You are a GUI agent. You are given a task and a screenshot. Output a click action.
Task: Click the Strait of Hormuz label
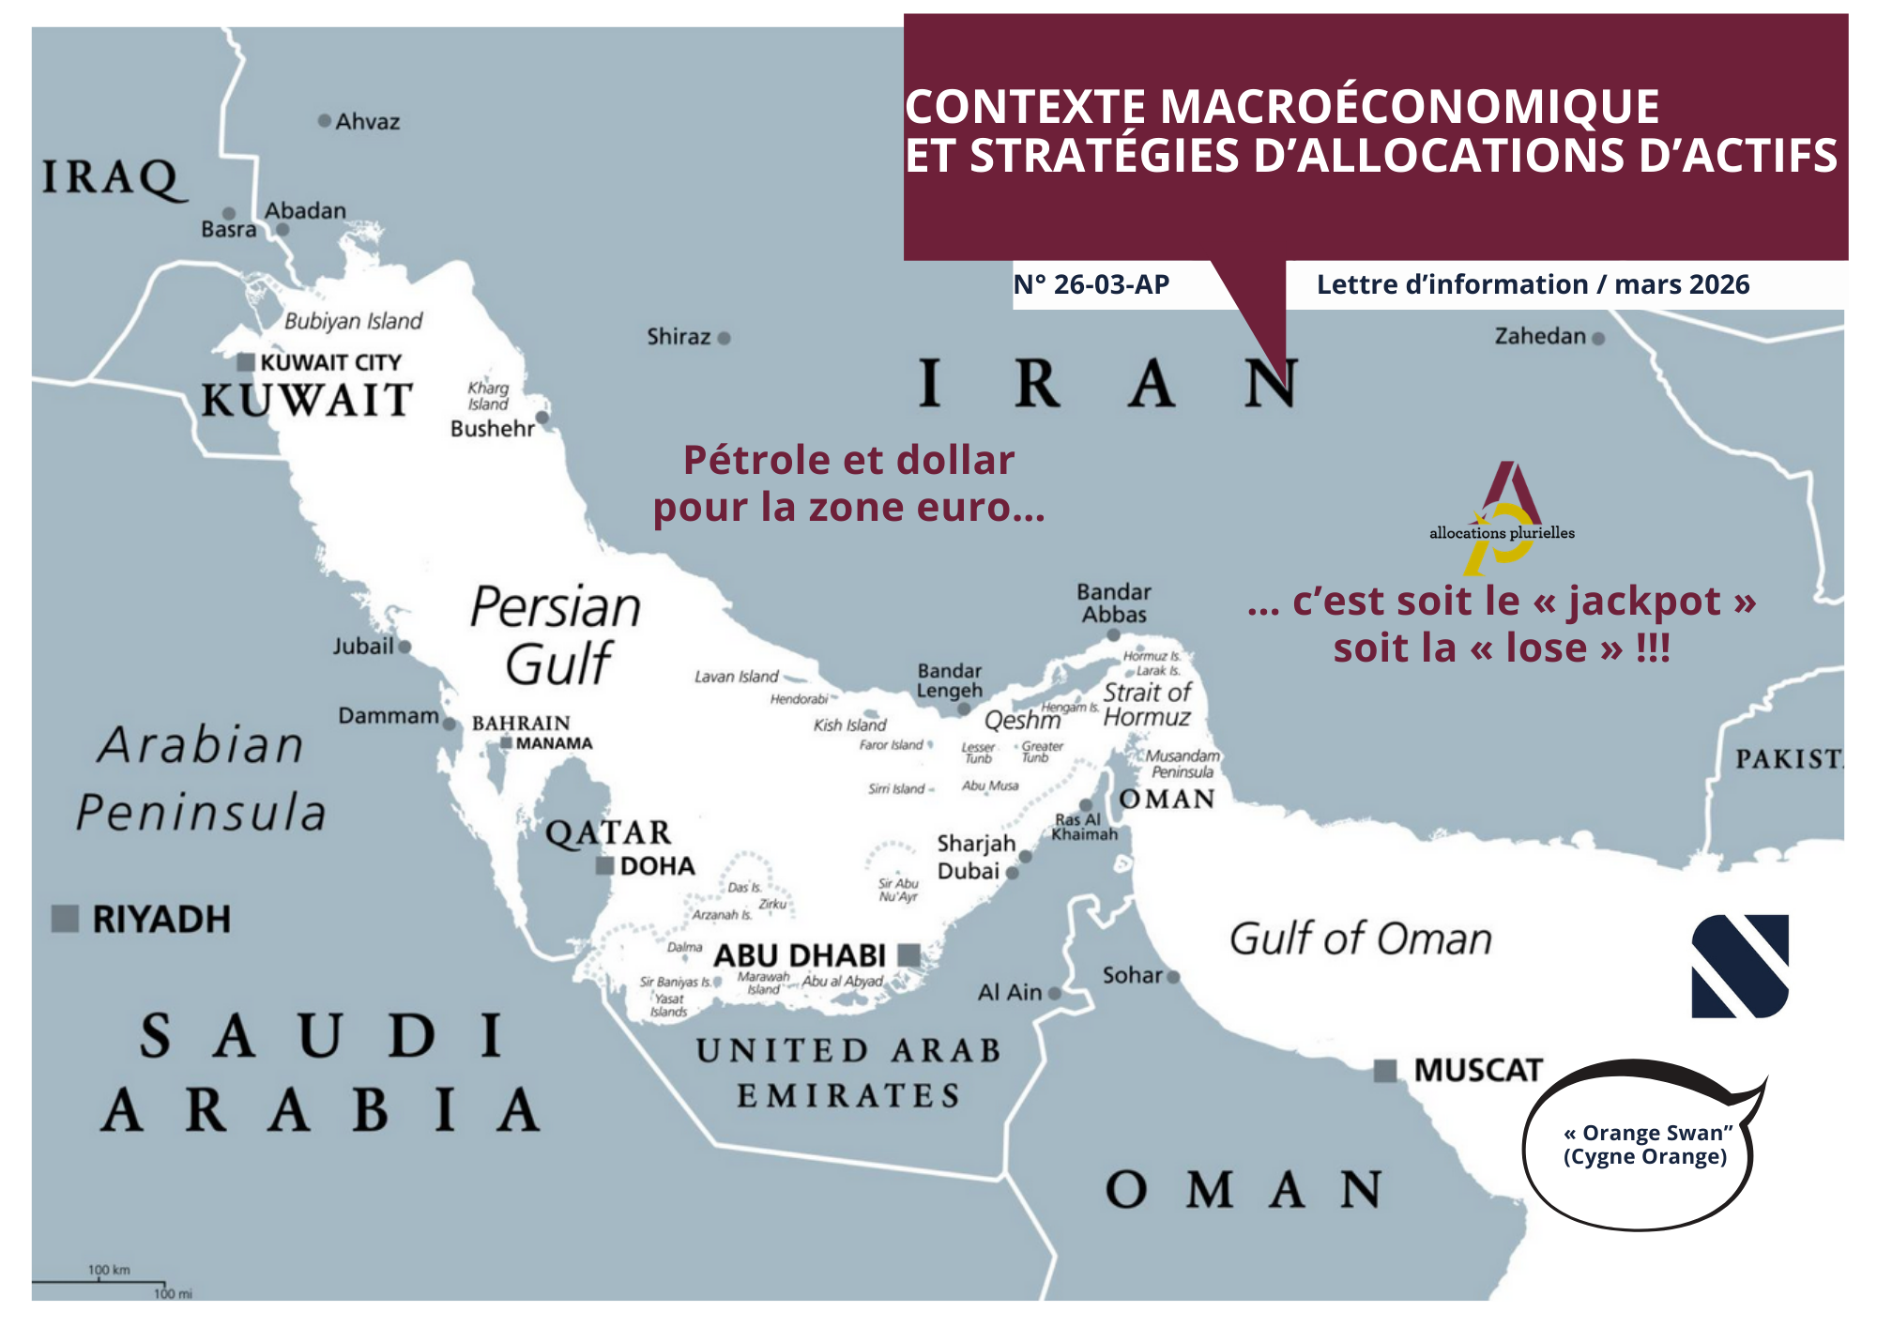(x=1147, y=705)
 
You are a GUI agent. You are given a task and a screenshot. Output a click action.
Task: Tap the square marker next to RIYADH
(x=65, y=918)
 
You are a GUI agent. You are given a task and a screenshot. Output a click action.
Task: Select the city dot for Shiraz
(x=724, y=338)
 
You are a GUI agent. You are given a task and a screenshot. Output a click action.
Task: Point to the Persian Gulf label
(x=557, y=635)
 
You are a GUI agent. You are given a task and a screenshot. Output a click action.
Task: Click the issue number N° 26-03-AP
(x=1091, y=284)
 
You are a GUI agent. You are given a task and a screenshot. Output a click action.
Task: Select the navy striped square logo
(x=1740, y=966)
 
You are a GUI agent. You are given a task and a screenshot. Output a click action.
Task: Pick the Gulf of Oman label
(x=1360, y=938)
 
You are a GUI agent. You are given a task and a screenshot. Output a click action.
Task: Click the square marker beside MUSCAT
(x=1385, y=1071)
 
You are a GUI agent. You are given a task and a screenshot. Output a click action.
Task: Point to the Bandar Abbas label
(x=1114, y=603)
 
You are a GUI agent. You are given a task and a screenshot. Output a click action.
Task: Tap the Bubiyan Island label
(x=353, y=321)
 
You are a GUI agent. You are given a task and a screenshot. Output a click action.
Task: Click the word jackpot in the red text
(x=1644, y=602)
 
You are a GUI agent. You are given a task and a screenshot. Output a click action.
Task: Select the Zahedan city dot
(x=1598, y=338)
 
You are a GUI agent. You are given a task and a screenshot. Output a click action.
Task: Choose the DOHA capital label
(x=657, y=866)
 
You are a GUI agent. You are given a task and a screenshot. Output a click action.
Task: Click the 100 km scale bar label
(x=109, y=1270)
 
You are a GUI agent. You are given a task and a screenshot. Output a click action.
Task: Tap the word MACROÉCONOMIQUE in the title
(x=1410, y=106)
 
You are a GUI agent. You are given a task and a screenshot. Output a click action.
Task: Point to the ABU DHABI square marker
(x=908, y=955)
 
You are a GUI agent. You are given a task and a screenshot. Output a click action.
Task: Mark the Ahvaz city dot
(x=325, y=120)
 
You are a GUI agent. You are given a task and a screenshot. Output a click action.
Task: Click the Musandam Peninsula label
(x=1183, y=764)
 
